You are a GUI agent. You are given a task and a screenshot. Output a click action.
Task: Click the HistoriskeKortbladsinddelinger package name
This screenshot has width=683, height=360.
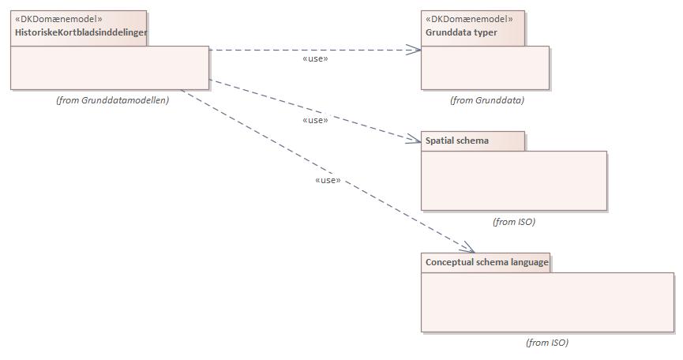coord(81,32)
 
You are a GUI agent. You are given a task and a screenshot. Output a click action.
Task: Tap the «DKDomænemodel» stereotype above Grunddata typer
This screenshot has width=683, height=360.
coord(469,19)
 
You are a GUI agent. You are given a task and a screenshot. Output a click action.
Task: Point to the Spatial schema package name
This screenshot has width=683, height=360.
coord(457,141)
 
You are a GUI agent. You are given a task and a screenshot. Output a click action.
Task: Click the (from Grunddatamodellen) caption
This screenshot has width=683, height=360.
coord(113,100)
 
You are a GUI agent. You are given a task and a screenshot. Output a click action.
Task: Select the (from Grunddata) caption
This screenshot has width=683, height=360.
coord(486,100)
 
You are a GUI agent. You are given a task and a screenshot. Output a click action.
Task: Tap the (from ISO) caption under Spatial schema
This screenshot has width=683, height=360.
coord(513,222)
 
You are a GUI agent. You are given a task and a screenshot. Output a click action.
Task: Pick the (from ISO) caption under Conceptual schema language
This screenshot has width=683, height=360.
coord(546,343)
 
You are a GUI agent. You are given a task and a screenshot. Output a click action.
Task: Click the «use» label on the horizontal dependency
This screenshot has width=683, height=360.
coord(315,58)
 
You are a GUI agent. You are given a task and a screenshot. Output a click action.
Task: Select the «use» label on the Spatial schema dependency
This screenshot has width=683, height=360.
coord(315,120)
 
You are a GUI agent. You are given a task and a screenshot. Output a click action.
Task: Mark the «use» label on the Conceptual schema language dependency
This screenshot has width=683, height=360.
coord(327,180)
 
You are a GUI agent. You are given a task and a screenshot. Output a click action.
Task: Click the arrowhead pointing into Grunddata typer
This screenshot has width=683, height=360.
coord(415,50)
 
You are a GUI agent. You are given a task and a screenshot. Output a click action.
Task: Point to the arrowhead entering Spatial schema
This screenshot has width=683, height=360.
coord(415,140)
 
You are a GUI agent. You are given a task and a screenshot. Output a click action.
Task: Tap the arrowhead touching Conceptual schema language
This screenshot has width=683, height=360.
coord(468,247)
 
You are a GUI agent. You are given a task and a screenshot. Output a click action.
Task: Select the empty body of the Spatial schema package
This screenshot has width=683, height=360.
coord(513,180)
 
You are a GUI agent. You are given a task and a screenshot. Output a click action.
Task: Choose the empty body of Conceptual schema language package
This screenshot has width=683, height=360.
coord(546,302)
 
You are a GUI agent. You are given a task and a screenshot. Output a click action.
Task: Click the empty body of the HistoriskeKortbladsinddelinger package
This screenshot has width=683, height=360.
coord(109,68)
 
